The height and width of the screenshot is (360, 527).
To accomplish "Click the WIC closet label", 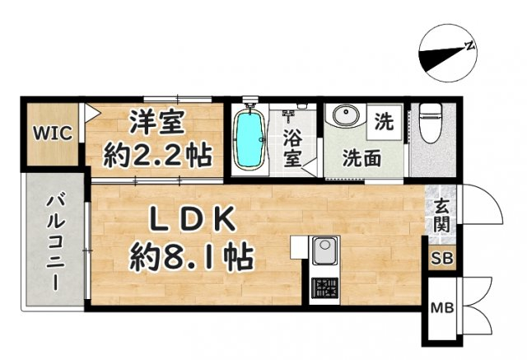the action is click(x=53, y=133).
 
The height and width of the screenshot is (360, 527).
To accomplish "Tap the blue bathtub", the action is click(x=250, y=138).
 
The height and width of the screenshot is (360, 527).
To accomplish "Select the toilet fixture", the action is click(x=430, y=123).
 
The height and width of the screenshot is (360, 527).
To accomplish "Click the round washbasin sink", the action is click(x=346, y=115).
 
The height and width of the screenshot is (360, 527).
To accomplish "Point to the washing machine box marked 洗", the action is click(x=385, y=122).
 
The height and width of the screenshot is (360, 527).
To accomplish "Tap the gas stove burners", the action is click(x=324, y=288).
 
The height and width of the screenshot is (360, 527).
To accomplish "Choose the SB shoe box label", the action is click(x=442, y=259).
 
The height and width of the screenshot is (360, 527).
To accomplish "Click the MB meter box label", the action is click(x=442, y=307).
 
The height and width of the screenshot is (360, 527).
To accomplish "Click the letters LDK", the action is click(x=192, y=218).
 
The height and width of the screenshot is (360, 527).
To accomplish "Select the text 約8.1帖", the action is click(x=192, y=257).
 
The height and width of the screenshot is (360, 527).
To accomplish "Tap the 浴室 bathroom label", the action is click(x=292, y=148).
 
